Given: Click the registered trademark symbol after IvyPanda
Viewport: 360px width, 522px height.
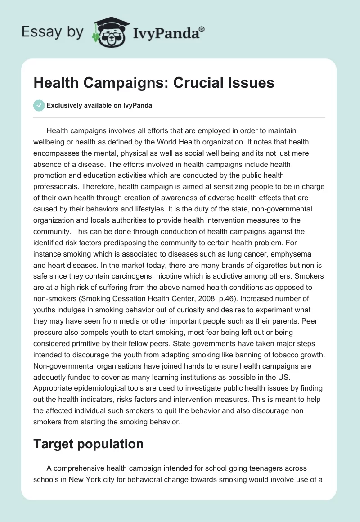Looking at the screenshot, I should pos(202,29).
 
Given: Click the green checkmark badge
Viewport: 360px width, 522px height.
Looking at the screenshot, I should pos(39,106).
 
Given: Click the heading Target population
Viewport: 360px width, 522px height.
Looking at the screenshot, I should pos(88,444).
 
